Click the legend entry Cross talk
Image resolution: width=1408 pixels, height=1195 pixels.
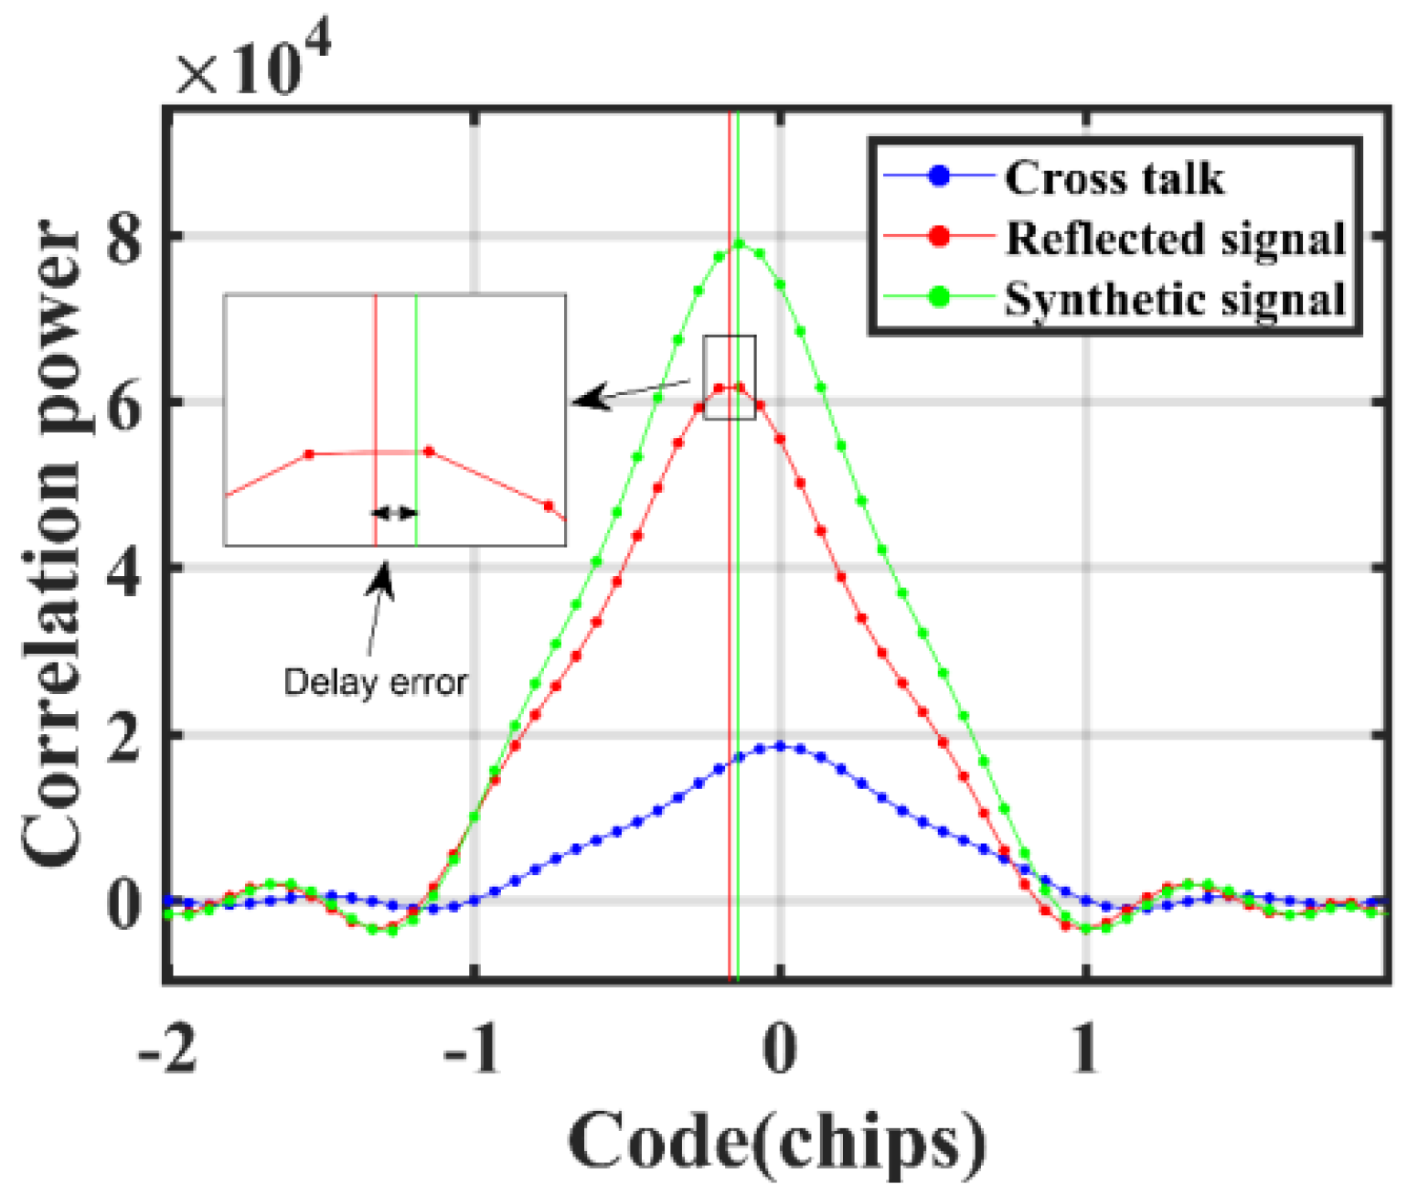(x=1114, y=178)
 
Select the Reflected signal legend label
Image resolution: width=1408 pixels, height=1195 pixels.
(x=1175, y=239)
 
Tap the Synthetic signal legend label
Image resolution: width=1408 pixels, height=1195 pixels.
(x=1175, y=299)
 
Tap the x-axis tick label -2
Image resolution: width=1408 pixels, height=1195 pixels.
(x=167, y=1050)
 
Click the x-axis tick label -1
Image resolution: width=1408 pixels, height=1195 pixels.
(x=473, y=1050)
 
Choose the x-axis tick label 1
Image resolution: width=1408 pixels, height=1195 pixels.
(x=1085, y=1050)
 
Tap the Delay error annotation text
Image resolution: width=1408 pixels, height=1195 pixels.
(x=375, y=682)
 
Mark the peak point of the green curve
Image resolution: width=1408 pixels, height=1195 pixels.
(x=739, y=244)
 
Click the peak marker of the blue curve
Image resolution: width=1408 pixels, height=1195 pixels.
(x=780, y=746)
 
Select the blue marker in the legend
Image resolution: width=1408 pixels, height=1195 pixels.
(x=939, y=176)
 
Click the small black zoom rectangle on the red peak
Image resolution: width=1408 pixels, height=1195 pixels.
(x=729, y=377)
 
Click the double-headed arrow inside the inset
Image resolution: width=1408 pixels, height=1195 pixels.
(x=395, y=513)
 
